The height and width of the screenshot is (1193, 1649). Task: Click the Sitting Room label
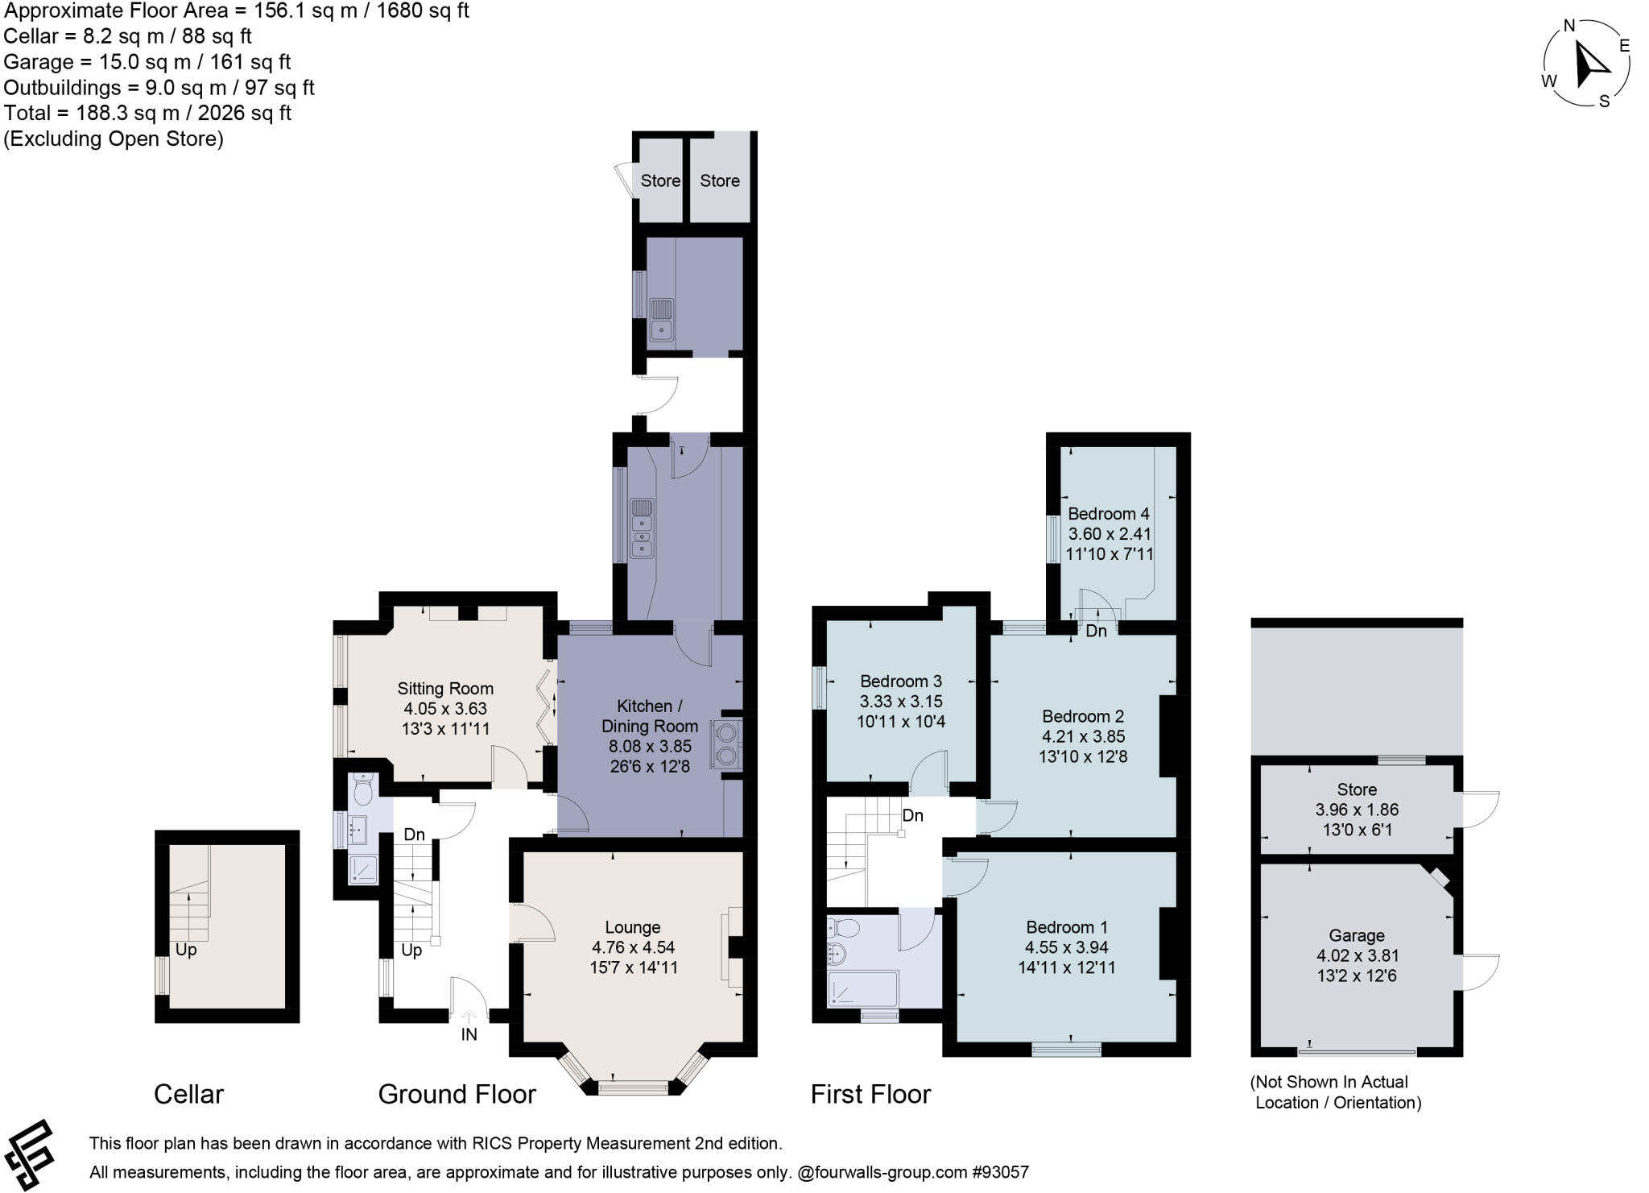click(x=444, y=689)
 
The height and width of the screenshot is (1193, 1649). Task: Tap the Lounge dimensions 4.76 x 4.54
click(x=632, y=947)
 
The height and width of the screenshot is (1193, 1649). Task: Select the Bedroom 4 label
click(x=1108, y=514)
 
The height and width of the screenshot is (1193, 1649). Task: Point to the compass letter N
click(x=1568, y=26)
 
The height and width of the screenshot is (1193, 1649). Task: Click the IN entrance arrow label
click(x=469, y=1034)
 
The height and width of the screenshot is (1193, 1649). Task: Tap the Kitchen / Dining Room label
click(x=649, y=716)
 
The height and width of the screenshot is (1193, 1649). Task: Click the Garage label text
click(x=1356, y=935)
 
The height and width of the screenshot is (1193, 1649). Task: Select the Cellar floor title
click(x=188, y=1094)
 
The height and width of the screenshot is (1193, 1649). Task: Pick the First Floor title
click(x=870, y=1094)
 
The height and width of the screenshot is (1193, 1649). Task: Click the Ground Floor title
click(x=457, y=1094)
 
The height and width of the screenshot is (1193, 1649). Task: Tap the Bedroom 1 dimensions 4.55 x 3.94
click(x=1066, y=947)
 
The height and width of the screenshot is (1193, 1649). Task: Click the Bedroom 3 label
click(x=900, y=681)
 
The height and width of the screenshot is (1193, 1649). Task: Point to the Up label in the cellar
click(x=186, y=950)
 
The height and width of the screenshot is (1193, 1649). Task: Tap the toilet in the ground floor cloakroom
click(x=363, y=790)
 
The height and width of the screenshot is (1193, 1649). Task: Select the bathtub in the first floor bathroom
click(x=862, y=988)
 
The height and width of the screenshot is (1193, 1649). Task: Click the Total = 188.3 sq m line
click(x=147, y=113)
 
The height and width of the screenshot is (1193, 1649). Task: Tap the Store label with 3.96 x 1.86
click(x=1356, y=789)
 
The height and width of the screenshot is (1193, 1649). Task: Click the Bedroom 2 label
click(x=1082, y=716)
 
